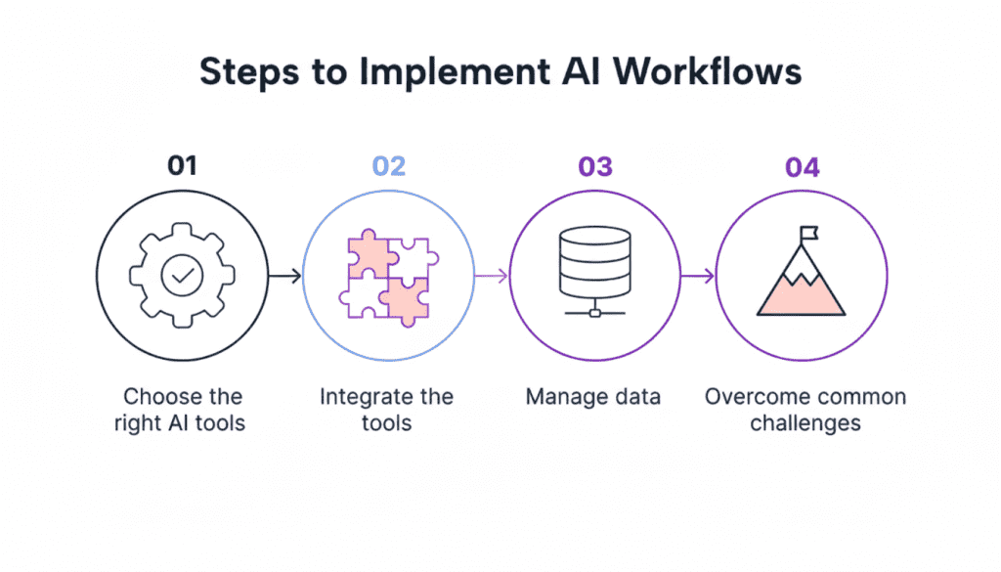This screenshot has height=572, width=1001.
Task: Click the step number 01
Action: point(182,167)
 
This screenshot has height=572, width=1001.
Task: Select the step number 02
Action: point(388,167)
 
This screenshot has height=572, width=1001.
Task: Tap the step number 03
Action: point(595,167)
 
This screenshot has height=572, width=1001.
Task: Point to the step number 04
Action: point(802,167)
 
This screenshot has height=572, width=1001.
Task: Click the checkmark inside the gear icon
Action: point(182,277)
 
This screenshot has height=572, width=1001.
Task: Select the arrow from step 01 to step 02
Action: point(284,277)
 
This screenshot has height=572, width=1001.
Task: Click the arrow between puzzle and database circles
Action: point(492,277)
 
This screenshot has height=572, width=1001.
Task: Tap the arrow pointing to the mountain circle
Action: point(698,277)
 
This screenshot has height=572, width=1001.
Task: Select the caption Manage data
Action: point(592,398)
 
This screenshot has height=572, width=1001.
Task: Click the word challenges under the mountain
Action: point(805,423)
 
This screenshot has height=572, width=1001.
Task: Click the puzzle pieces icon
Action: point(388,277)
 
